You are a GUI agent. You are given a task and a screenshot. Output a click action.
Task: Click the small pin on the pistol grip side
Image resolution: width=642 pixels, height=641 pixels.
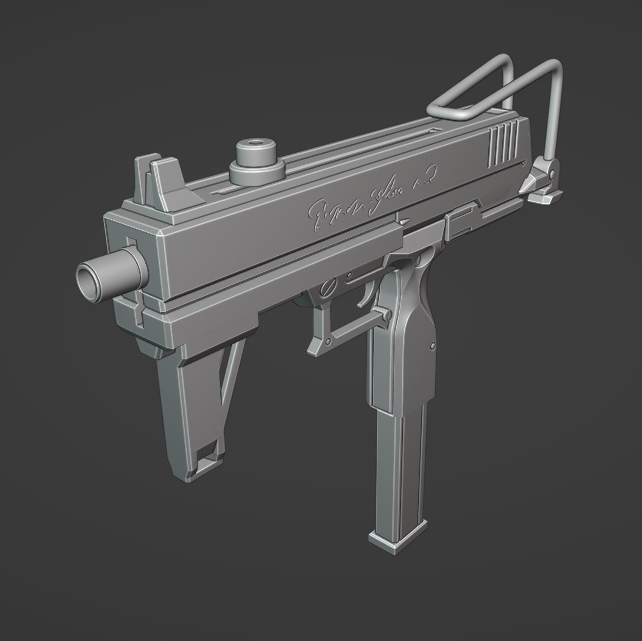pyautogui.click(x=433, y=346)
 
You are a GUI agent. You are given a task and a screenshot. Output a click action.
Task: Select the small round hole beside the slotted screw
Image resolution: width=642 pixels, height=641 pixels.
pyautogui.click(x=349, y=275)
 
